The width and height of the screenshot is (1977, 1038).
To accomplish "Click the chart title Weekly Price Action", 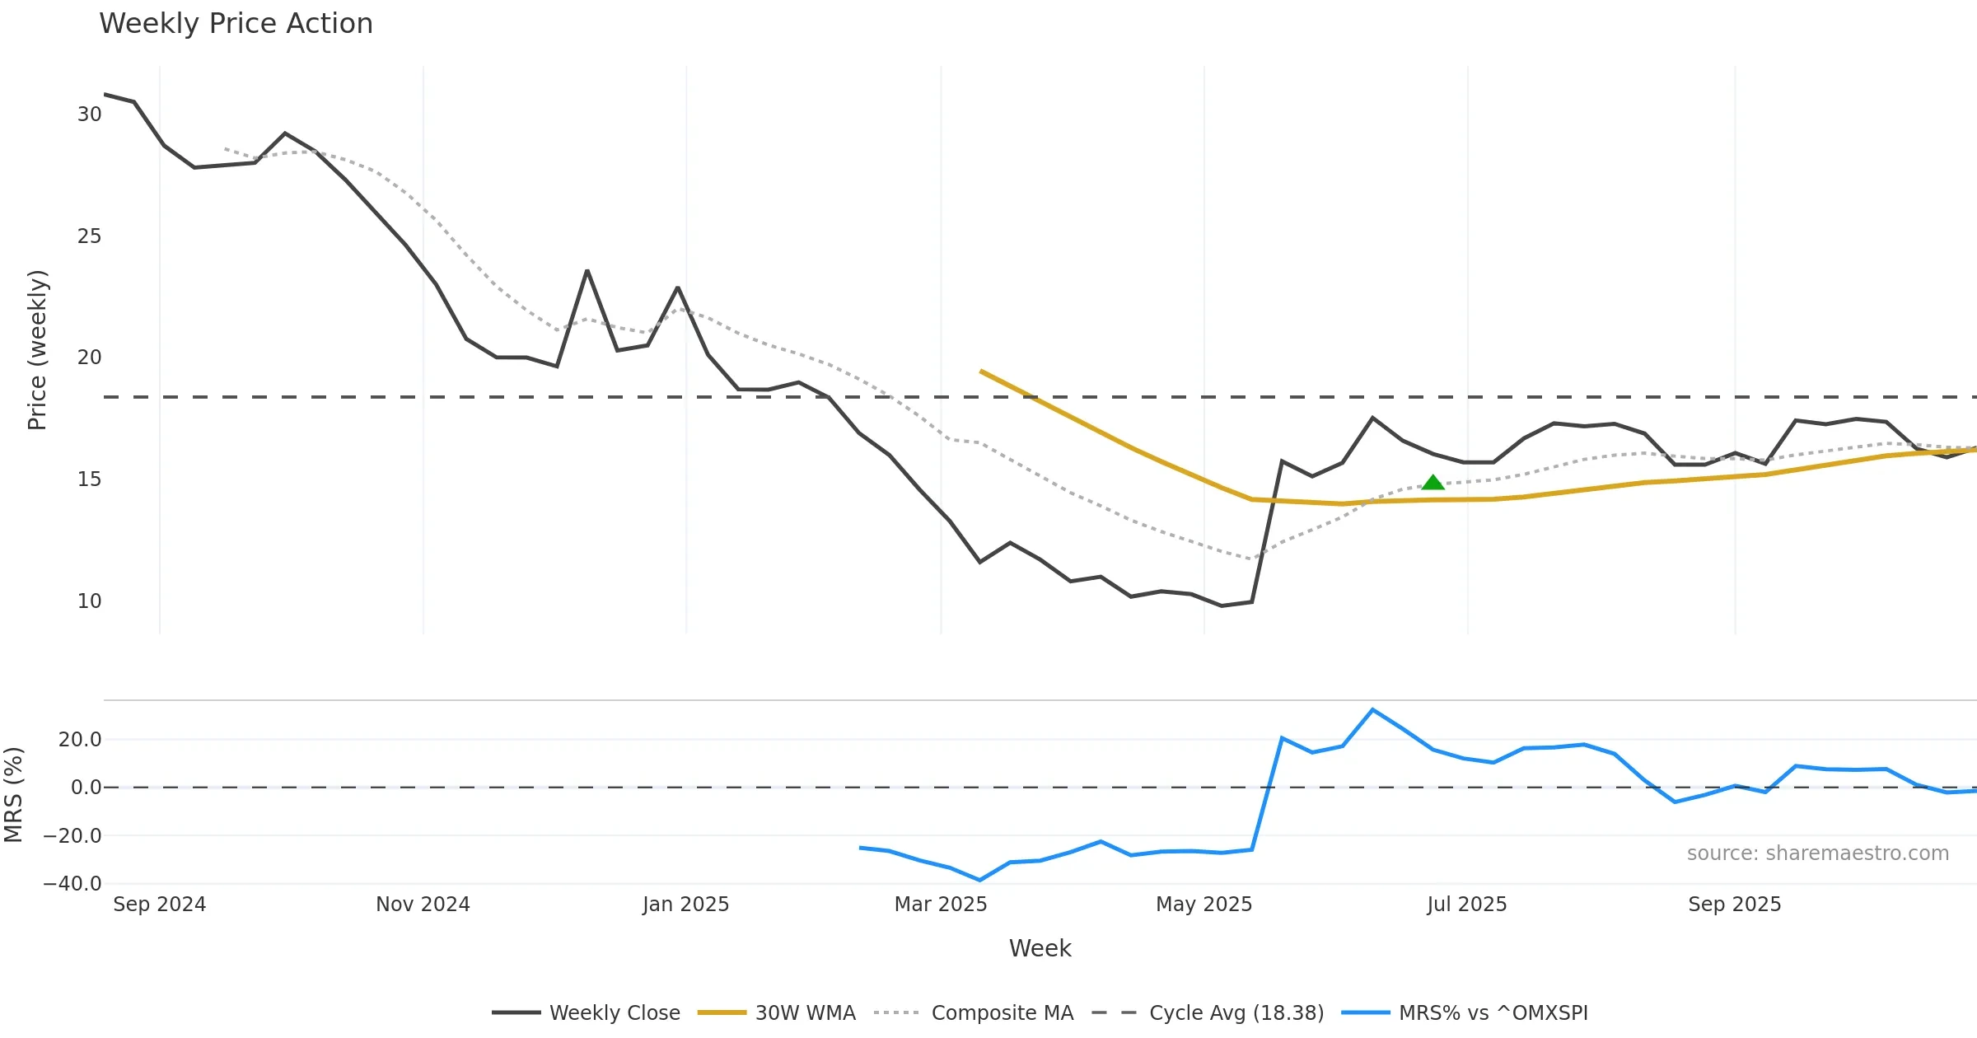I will [x=236, y=24].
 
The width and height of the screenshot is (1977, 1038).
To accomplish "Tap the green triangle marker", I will [x=1433, y=483].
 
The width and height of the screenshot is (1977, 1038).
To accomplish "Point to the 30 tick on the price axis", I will [x=89, y=115].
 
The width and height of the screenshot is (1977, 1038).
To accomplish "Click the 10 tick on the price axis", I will [x=89, y=601].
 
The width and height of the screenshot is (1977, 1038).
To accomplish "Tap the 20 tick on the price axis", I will [x=89, y=358].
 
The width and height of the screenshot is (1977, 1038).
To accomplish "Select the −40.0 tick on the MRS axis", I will [x=72, y=884].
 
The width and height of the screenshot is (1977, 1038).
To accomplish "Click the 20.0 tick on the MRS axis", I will [x=80, y=740].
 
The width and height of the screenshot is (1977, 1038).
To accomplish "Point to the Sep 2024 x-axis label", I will [x=159, y=905].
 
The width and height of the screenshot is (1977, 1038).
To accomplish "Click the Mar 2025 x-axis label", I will [x=941, y=905].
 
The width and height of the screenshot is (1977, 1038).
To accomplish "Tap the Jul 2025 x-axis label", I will [x=1466, y=905].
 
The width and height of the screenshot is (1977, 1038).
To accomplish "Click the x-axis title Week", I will [x=1040, y=949].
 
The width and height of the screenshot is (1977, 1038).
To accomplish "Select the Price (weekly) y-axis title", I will [x=38, y=350].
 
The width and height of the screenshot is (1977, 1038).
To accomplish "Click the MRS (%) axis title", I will [x=14, y=795].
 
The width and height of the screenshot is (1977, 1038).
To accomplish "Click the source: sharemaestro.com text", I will [x=1817, y=853].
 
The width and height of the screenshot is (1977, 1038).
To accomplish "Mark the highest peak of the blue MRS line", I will [x=1372, y=709].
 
